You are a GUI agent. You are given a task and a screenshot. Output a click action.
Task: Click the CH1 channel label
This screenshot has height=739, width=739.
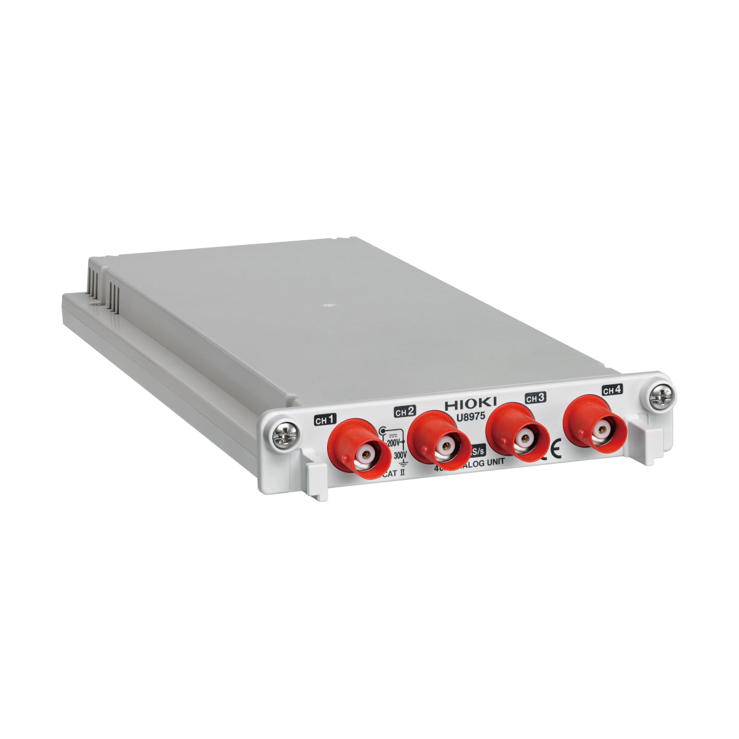325,421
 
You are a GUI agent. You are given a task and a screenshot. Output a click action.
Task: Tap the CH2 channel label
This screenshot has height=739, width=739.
405,411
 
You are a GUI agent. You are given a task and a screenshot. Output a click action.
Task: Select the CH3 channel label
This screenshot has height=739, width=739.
535,398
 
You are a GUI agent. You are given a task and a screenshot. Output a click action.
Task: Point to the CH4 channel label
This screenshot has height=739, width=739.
612,390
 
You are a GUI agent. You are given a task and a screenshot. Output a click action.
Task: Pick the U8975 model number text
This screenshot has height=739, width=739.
470,417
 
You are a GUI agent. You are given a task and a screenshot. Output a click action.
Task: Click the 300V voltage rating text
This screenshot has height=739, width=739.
400,455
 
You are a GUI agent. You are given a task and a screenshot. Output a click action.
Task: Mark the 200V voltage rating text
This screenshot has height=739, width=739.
393,443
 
